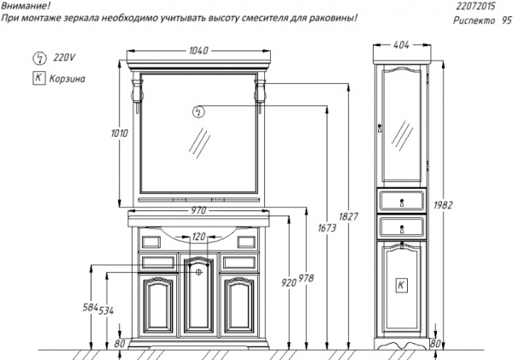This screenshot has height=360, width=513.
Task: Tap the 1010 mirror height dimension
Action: click(120, 133)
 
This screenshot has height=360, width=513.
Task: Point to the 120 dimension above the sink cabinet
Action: click(198, 237)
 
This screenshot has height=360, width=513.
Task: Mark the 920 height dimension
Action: click(289, 283)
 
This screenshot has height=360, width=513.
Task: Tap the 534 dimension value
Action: click(104, 310)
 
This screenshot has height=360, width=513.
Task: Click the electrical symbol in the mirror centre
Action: click(198, 111)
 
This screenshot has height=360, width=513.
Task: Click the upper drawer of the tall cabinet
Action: click(402, 202)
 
